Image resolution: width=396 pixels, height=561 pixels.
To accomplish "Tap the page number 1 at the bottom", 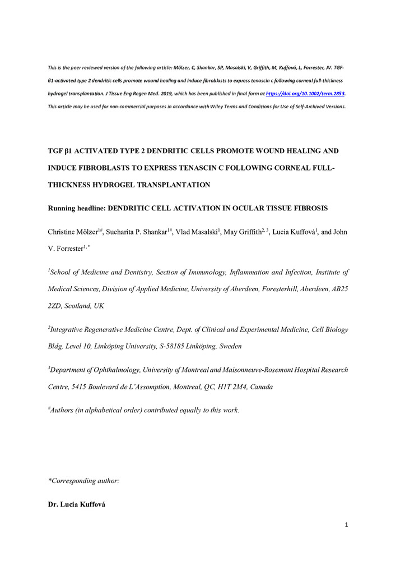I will coord(347,525).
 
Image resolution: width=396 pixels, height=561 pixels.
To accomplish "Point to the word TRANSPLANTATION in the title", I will coord(166,184).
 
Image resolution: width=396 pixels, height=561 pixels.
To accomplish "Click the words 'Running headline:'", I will coord(77,208).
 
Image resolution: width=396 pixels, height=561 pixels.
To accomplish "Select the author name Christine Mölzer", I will coord(74,232).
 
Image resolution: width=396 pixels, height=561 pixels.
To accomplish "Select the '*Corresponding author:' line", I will coord(85,481).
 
